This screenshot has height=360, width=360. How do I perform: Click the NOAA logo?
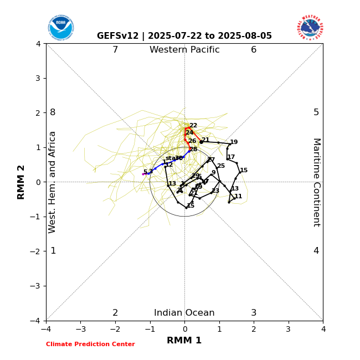(60, 27)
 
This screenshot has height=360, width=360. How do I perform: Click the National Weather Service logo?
(310, 27)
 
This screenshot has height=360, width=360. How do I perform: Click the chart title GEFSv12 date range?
(184, 36)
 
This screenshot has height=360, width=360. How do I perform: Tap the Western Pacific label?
(184, 50)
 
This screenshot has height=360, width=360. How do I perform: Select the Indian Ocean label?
(184, 313)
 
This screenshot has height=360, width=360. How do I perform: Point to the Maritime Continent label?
(316, 182)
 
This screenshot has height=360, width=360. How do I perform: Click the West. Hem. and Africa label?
(53, 182)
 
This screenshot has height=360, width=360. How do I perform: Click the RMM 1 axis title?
(184, 341)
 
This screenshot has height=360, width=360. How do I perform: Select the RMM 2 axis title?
(21, 182)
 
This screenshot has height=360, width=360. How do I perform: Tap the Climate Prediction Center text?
(90, 344)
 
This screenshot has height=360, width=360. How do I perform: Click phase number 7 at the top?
(115, 50)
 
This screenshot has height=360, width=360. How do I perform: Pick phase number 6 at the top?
(254, 50)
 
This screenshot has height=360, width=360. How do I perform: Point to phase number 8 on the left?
(53, 112)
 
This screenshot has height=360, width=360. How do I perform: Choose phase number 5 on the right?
(316, 112)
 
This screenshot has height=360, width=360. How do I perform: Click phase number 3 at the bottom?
(254, 313)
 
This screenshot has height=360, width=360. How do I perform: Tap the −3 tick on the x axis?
(80, 330)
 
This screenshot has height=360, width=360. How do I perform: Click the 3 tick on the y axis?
(38, 78)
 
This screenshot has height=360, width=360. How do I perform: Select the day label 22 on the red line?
(193, 126)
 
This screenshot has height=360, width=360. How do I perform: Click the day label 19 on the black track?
(234, 142)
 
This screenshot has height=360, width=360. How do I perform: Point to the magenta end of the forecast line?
(144, 174)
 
